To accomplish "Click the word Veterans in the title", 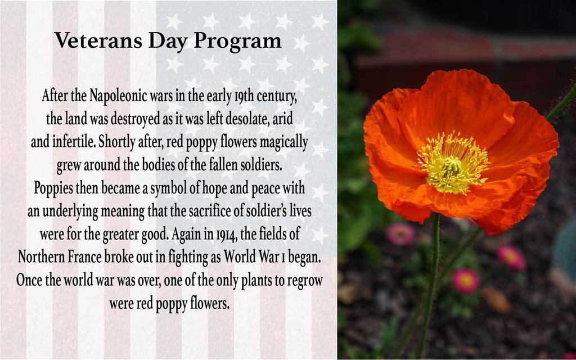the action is point(98,40).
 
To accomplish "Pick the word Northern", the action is point(42,256).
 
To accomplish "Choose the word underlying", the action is point(70,212).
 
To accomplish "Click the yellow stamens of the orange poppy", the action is point(453,163).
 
